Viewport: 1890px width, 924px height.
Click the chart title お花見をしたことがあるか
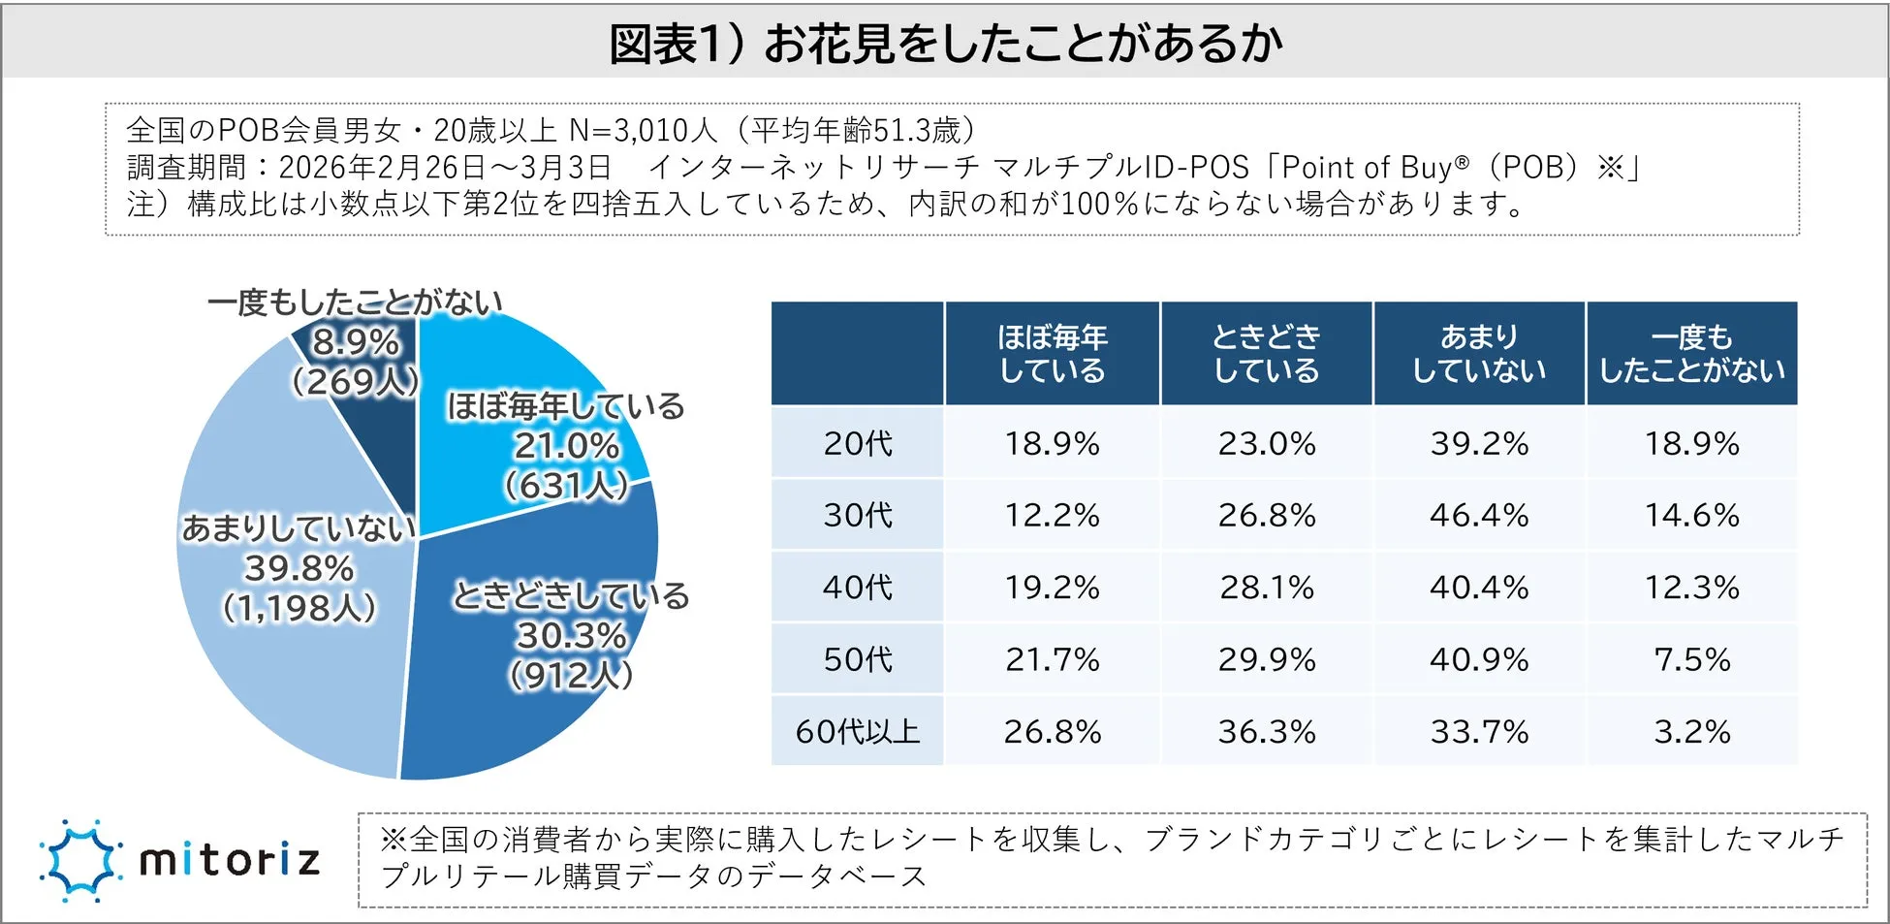click(x=945, y=44)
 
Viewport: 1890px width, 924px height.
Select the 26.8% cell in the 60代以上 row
click(x=1053, y=731)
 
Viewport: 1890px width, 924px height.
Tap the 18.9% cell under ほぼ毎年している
click(x=1053, y=443)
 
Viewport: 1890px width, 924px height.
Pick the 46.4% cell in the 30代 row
click(x=1479, y=515)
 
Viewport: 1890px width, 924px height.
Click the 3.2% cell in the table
click(x=1691, y=731)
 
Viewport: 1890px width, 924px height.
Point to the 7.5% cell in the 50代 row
click(x=1691, y=659)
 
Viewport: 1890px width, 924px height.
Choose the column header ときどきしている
click(x=1266, y=353)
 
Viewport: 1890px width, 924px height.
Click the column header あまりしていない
click(x=1479, y=353)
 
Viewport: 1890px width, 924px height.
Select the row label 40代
click(x=858, y=587)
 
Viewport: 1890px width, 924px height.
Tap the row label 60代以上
click(x=858, y=731)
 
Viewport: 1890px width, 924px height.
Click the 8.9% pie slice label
click(x=356, y=342)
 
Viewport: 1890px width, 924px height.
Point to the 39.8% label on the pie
click(x=299, y=567)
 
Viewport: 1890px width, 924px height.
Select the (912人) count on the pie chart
click(x=572, y=675)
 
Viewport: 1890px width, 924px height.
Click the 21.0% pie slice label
click(x=567, y=446)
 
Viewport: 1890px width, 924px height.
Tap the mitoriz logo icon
click(x=80, y=860)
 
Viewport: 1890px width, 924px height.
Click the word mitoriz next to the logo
click(x=230, y=860)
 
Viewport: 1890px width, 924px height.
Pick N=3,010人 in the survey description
click(x=643, y=130)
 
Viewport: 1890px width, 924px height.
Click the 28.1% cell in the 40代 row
click(x=1266, y=587)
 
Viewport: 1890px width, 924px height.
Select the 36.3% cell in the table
click(x=1266, y=731)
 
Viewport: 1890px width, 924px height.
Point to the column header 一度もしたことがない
click(x=1691, y=353)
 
